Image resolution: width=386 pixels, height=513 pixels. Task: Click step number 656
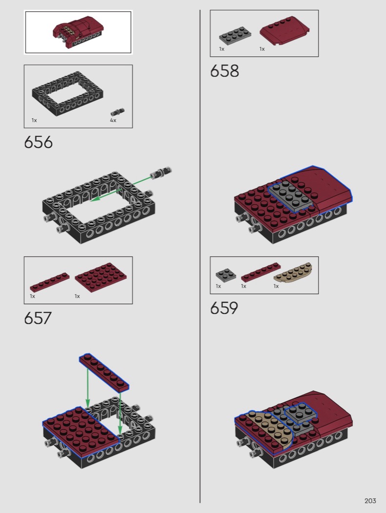coord(38,142)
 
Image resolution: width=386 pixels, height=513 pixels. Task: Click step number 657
coord(38,318)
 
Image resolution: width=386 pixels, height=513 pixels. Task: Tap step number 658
coord(224,71)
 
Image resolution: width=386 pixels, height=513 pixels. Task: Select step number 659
coord(224,308)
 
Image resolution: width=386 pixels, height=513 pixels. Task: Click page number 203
coord(370,501)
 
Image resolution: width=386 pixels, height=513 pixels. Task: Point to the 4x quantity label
coord(113,120)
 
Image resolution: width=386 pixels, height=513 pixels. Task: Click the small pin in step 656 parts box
coord(117,112)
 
